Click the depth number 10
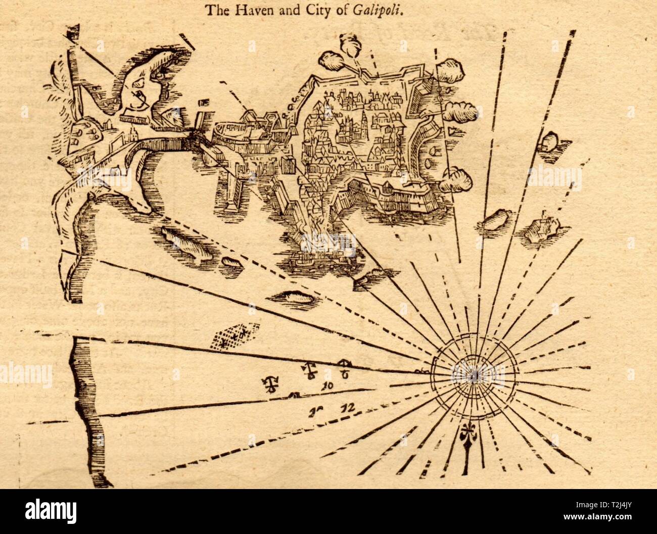tap(326, 386)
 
